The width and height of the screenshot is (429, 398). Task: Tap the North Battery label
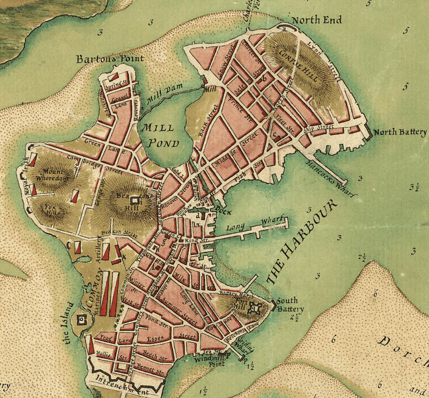point(400,132)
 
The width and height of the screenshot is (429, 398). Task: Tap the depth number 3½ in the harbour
point(413,187)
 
